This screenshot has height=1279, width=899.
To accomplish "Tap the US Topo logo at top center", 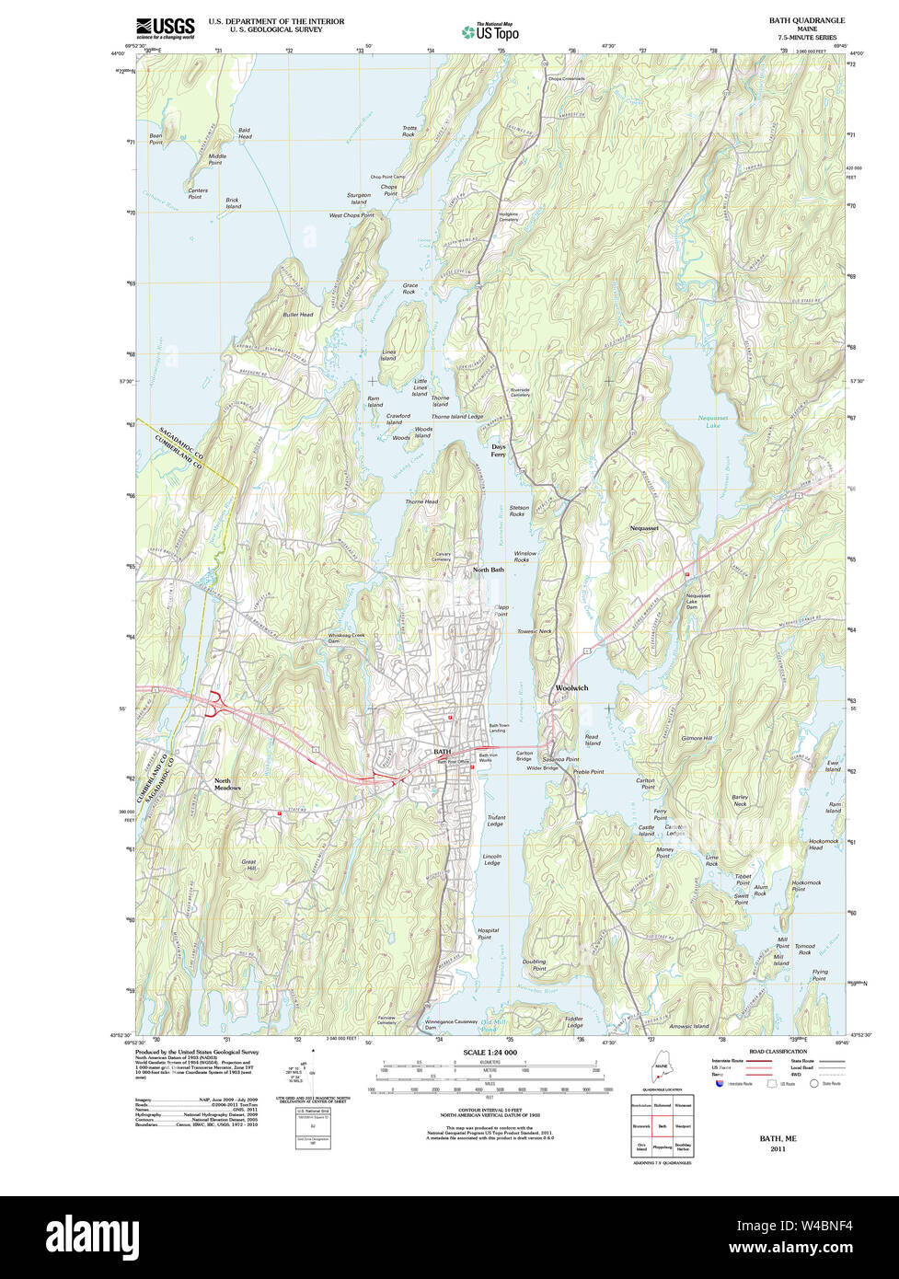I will [490, 31].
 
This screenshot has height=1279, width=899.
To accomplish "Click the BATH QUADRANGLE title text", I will [806, 20].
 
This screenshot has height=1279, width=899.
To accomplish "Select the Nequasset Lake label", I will [712, 421].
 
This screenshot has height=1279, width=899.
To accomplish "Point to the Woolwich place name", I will [571, 688].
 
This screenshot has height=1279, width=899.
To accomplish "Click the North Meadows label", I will [227, 784].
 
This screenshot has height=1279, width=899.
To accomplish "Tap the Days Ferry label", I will [498, 451].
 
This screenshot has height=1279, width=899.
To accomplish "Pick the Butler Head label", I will [297, 315].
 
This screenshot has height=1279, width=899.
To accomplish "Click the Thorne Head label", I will [421, 501].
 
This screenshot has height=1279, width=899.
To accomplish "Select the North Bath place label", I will [488, 570].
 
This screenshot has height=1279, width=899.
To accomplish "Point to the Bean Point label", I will [149, 139].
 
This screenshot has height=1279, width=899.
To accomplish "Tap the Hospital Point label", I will [489, 934].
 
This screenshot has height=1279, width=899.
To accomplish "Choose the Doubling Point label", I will [534, 965].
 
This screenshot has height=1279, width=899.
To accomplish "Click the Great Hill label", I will [248, 865].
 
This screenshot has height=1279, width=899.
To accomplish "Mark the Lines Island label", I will [388, 355].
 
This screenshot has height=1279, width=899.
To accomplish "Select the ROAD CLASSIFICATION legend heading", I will [778, 1051].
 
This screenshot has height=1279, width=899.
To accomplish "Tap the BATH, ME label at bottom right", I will [778, 1138].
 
